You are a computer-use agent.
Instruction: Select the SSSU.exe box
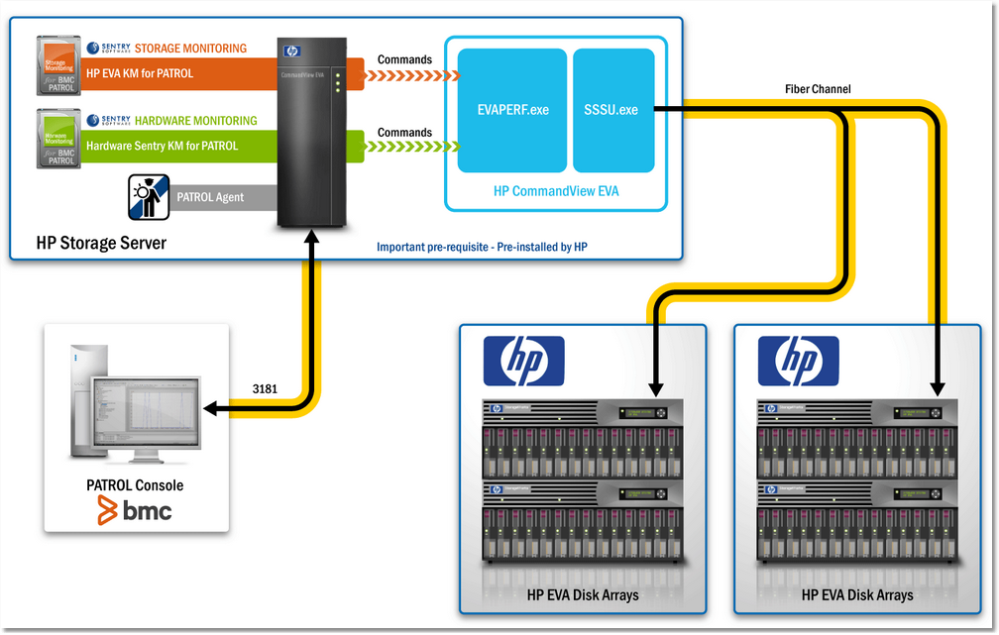point(611,109)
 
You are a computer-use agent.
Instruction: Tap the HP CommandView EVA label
point(555,191)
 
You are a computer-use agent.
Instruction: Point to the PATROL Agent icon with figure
point(149,196)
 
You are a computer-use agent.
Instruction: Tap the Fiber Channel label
point(818,89)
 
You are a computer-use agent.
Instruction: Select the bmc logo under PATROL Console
point(135,510)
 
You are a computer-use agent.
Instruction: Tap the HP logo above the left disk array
point(523,361)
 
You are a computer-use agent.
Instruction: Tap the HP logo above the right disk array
point(798,361)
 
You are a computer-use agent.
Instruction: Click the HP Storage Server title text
point(100,243)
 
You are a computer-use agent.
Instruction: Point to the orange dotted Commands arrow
point(406,75)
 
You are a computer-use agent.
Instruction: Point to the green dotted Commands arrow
point(406,148)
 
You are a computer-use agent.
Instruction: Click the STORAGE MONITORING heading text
point(190,49)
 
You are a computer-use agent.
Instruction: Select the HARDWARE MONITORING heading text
point(195,121)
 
